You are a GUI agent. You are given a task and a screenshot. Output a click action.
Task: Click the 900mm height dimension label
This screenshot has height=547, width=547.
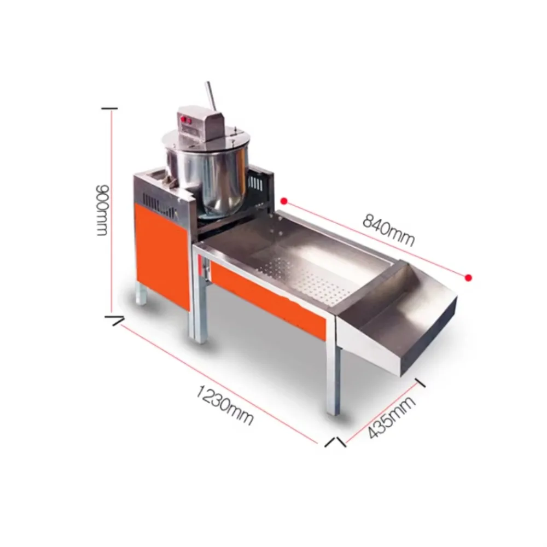103,210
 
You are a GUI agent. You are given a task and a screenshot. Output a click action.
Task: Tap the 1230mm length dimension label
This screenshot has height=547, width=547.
224,405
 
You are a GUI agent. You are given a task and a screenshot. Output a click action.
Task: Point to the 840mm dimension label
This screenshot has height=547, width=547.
388,230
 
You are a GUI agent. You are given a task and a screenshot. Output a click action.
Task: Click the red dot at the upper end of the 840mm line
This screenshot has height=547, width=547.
284,201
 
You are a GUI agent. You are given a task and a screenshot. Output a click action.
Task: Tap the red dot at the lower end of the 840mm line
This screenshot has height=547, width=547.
469,278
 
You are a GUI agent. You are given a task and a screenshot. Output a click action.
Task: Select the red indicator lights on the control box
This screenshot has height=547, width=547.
185,120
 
